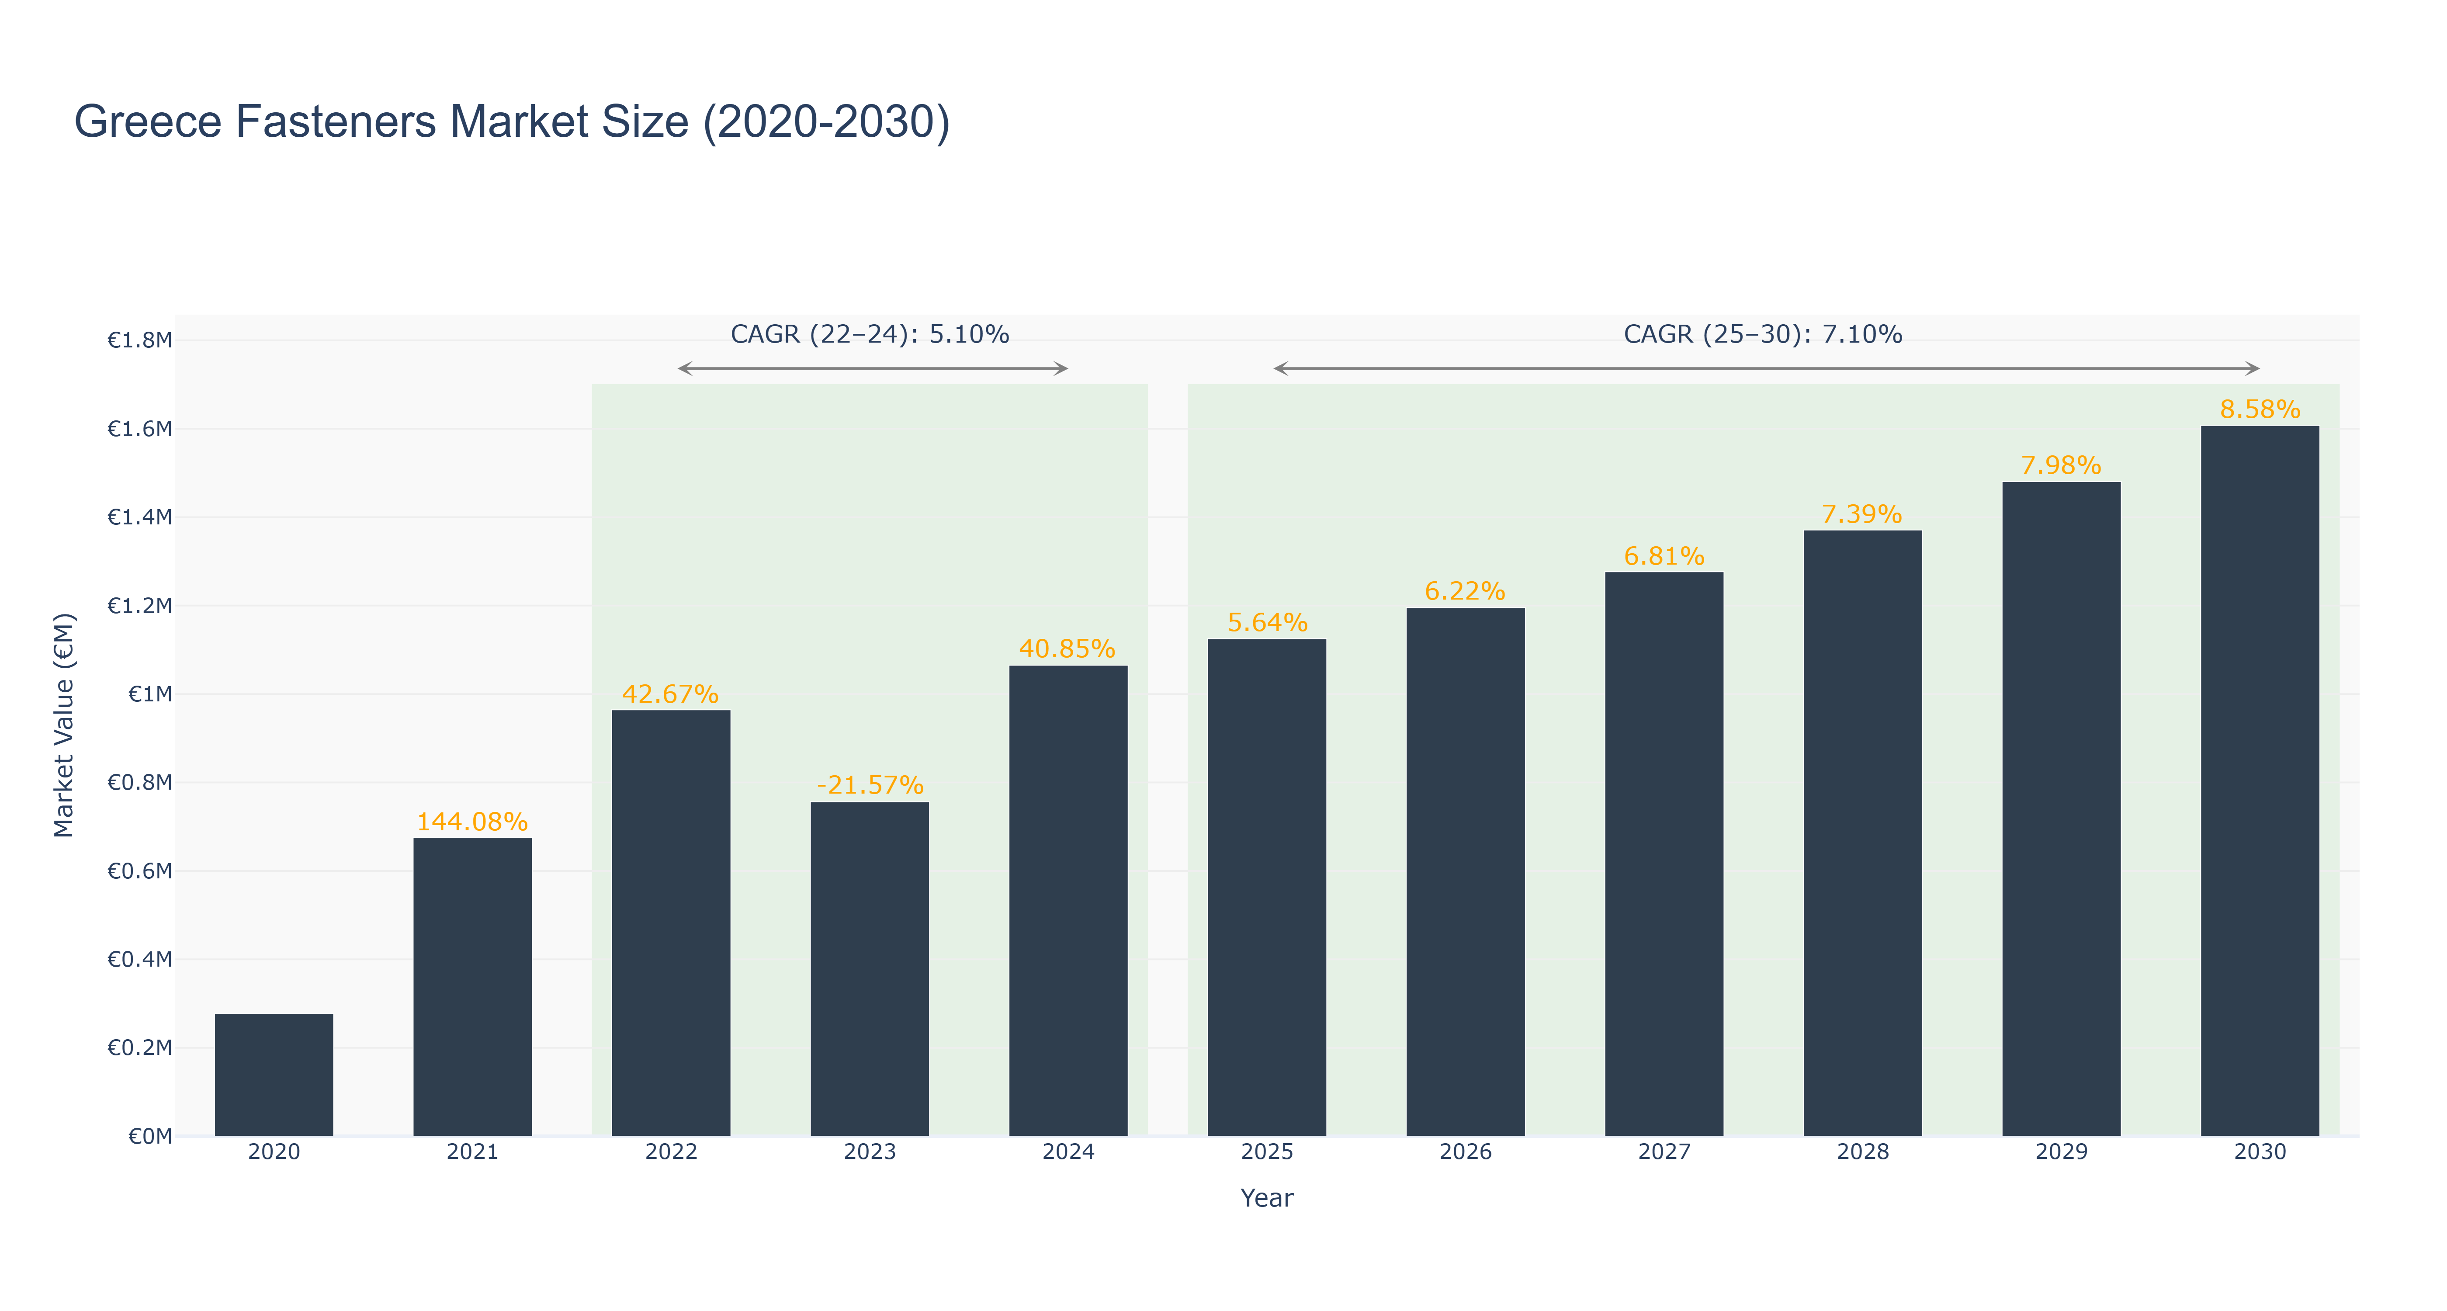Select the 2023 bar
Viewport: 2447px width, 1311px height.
coord(869,969)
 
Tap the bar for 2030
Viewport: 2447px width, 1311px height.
coord(2260,781)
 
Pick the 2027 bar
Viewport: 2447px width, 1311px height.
coord(1664,854)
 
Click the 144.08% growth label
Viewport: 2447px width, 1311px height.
coord(472,822)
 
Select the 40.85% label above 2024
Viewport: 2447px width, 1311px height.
coord(1068,649)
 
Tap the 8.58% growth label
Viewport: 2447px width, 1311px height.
coord(2260,409)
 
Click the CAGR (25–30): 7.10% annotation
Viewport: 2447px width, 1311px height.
coord(1763,334)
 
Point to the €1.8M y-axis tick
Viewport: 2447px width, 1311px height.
coord(140,340)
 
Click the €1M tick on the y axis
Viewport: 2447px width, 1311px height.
coord(150,694)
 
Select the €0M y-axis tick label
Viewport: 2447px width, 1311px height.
coord(150,1136)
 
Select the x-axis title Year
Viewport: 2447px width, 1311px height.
coord(1267,1198)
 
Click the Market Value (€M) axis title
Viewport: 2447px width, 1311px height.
coord(64,725)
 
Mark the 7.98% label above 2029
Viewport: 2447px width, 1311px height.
coord(2061,465)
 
